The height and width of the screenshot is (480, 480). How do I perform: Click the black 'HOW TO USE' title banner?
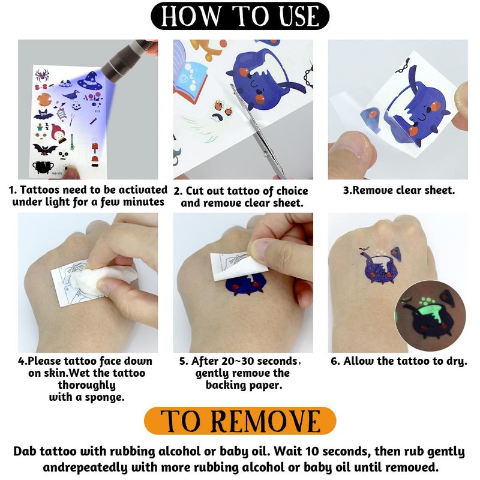click(x=240, y=16)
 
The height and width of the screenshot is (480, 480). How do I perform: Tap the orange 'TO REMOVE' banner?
click(x=240, y=421)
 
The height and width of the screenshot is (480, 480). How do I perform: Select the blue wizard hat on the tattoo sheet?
click(x=90, y=80)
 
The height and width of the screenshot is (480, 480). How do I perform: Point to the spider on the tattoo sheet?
click(x=42, y=74)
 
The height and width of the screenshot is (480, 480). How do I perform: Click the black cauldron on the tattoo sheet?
click(x=43, y=167)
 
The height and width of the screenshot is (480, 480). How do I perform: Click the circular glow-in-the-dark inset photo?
click(x=430, y=316)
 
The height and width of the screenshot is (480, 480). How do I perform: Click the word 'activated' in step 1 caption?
click(x=143, y=190)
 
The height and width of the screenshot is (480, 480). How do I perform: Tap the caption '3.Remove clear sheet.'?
click(x=398, y=190)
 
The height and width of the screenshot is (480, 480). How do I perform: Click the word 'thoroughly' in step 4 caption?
click(x=86, y=385)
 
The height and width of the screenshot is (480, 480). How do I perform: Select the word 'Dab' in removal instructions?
click(x=25, y=451)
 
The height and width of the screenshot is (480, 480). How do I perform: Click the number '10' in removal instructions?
click(x=311, y=451)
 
